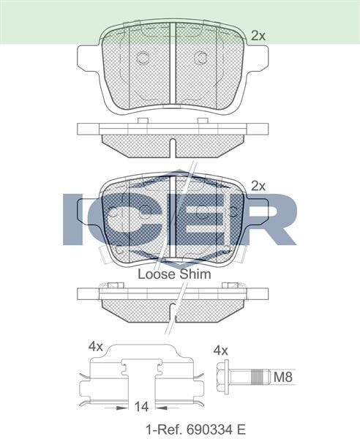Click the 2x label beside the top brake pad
[x=258, y=34]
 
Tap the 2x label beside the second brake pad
[x=258, y=185]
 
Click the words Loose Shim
[x=174, y=274]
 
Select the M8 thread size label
[x=282, y=378]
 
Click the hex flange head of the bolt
[x=227, y=378]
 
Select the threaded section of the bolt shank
[x=257, y=378]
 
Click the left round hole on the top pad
[x=142, y=58]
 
